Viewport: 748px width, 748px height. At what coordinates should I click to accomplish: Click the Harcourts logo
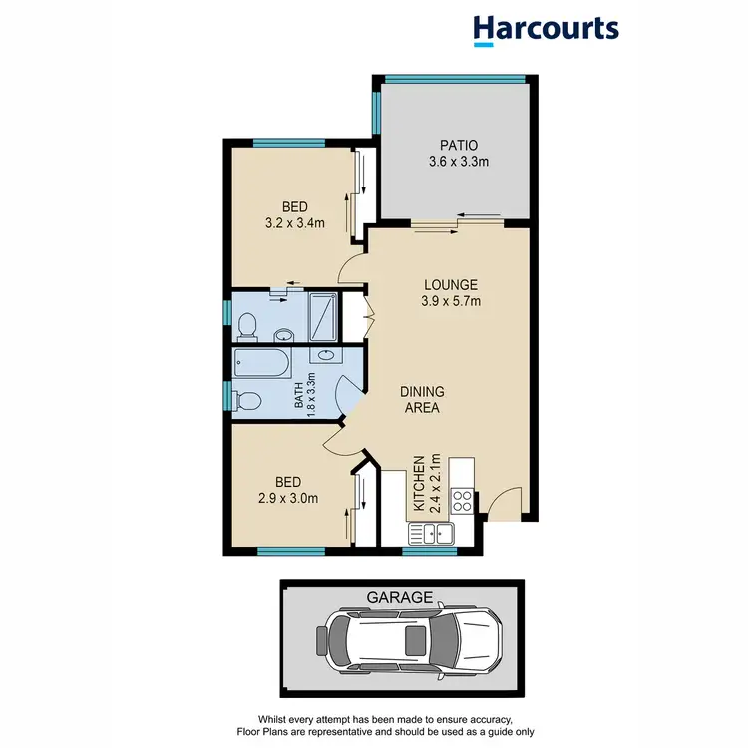tap(546, 29)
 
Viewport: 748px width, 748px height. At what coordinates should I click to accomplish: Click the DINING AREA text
tap(423, 399)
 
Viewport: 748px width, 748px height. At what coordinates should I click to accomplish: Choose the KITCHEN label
tap(420, 484)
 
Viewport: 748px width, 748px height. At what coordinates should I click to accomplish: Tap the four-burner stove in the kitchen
tap(462, 500)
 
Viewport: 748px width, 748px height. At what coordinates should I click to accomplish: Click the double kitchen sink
tap(436, 532)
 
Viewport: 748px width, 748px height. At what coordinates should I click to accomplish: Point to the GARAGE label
tap(401, 598)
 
